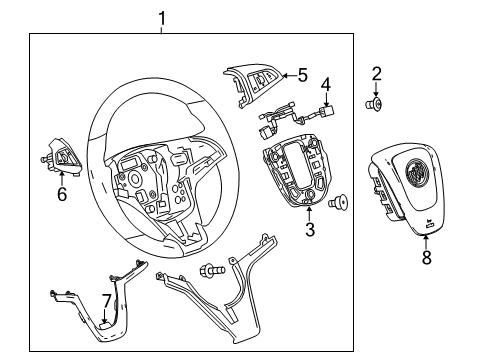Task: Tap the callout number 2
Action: [376, 72]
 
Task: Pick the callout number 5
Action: [303, 74]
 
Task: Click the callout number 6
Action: [61, 194]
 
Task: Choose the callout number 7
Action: [107, 300]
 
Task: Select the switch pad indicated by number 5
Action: [261, 82]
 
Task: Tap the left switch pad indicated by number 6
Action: [60, 158]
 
